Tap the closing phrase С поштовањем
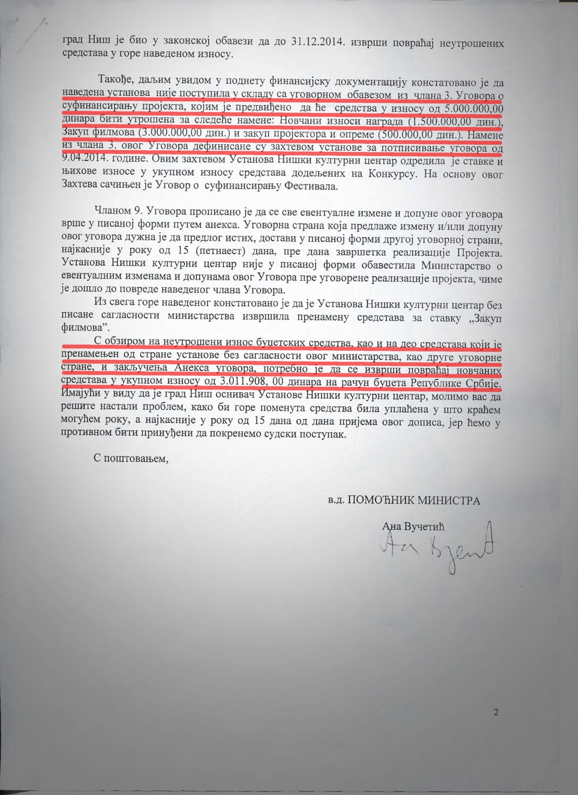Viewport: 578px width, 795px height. [x=131, y=458]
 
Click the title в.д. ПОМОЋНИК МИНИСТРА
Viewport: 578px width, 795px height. [x=403, y=500]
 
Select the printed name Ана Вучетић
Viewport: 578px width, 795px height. [x=413, y=526]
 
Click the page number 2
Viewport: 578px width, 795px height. [x=496, y=712]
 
